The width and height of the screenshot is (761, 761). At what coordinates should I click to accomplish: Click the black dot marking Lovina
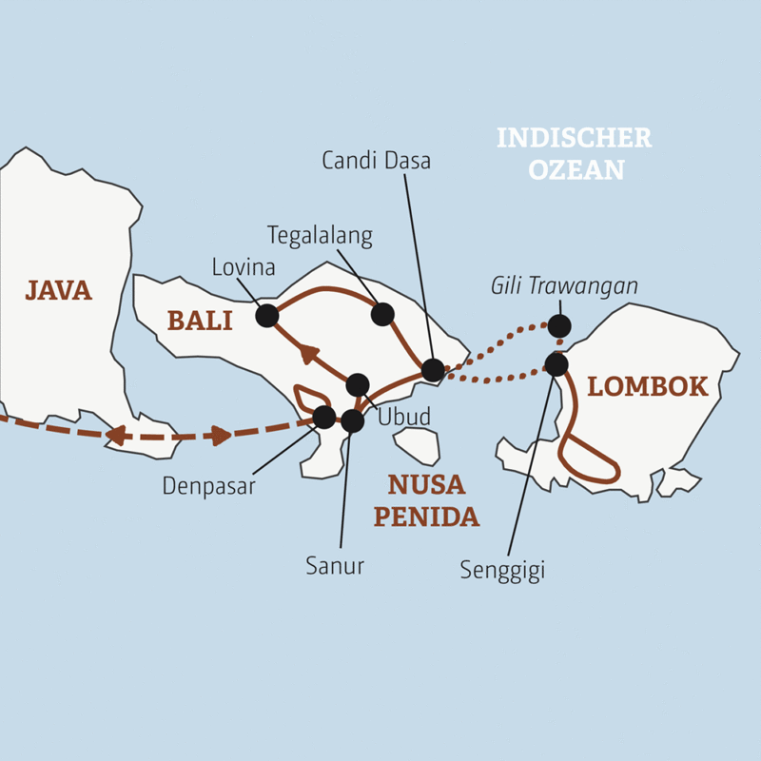(267, 316)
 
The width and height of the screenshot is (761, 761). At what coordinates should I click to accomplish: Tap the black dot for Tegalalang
(382, 314)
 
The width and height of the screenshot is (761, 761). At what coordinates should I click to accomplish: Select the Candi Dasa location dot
(433, 370)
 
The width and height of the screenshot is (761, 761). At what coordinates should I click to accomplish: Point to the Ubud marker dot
(358, 385)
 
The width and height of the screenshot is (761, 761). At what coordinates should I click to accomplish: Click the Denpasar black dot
(324, 417)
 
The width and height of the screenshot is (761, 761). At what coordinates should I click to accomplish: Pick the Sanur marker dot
(352, 420)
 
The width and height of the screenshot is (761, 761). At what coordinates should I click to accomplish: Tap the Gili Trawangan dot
(559, 325)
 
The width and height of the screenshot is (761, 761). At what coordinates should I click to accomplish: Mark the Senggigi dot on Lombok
(556, 364)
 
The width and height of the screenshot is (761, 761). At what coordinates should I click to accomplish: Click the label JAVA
(58, 291)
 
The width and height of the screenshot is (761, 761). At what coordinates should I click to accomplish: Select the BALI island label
(200, 321)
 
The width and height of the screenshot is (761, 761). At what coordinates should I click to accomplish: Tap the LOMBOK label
(648, 387)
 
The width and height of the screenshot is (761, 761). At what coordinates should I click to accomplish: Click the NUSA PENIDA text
(426, 500)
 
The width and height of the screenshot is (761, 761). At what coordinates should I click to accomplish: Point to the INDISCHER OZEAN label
(575, 153)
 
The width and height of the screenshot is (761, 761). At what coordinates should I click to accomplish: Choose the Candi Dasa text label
(376, 161)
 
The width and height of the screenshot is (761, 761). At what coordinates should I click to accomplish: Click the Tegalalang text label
(320, 236)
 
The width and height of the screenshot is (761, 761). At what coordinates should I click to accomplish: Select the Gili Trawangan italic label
(564, 286)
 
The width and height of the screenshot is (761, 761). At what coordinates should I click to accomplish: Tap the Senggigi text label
(502, 571)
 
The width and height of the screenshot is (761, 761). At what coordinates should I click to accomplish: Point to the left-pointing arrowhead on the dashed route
(115, 436)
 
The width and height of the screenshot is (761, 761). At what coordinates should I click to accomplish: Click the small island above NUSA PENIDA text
(419, 446)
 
